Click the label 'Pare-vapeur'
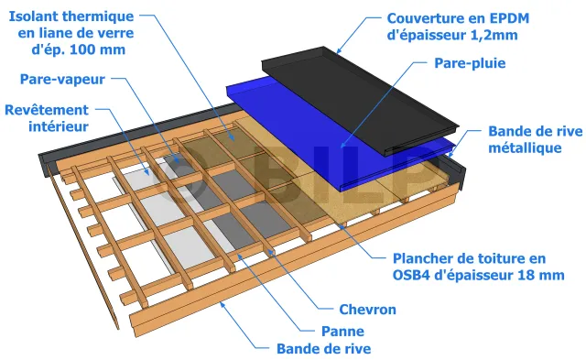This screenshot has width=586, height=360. [x=62, y=80]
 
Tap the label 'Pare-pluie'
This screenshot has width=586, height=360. [x=470, y=63]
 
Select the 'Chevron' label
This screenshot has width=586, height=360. [x=367, y=310]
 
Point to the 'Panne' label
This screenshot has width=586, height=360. [x=342, y=332]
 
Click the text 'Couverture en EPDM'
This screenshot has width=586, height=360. [x=458, y=18]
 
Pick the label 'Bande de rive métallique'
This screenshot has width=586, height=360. [x=535, y=139]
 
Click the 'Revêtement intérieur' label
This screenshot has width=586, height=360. [x=47, y=118]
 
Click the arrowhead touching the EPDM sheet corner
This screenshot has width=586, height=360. [x=338, y=51]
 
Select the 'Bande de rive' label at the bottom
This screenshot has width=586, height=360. [x=323, y=349]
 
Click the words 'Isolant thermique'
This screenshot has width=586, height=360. [x=71, y=16]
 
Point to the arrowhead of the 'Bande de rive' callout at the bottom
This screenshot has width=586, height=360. [x=222, y=305]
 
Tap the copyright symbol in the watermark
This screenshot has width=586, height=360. [x=179, y=175]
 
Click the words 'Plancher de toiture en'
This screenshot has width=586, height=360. [x=469, y=258]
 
